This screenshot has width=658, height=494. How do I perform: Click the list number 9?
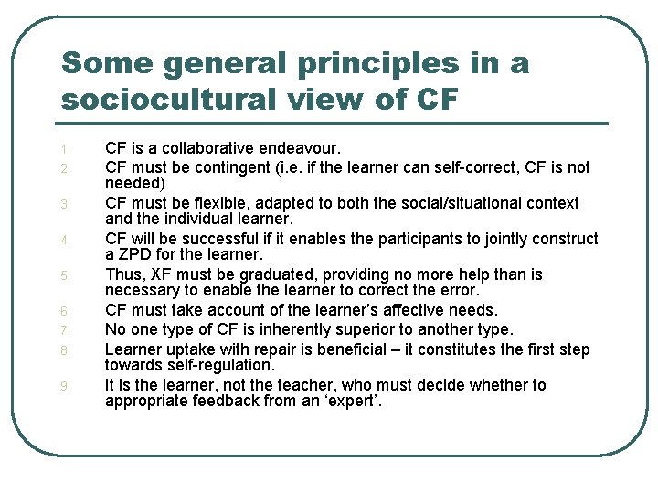point(65,386)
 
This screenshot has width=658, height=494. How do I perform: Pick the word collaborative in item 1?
point(207,147)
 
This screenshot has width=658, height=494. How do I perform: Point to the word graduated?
point(276,274)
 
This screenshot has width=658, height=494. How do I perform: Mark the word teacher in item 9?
point(304,385)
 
